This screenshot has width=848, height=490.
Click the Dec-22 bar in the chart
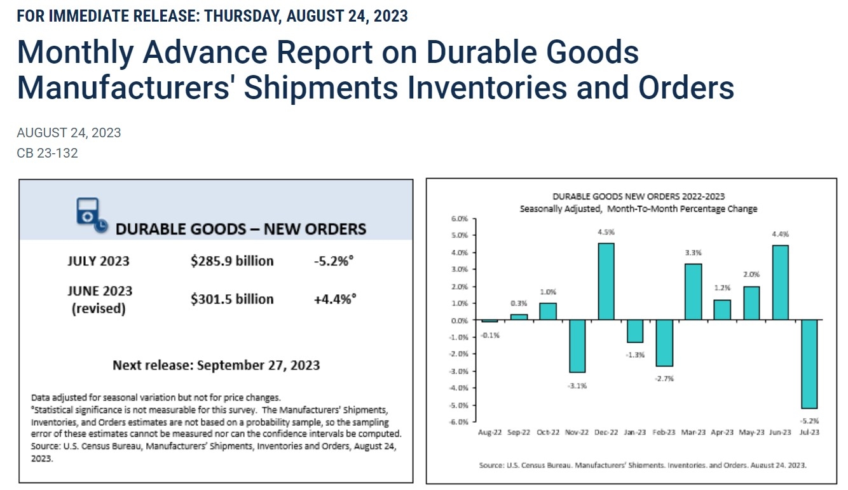tap(606, 281)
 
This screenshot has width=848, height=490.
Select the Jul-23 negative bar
tap(809, 364)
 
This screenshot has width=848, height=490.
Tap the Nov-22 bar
tap(577, 346)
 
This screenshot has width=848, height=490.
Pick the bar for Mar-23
tap(693, 291)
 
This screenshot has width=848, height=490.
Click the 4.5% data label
tap(606, 232)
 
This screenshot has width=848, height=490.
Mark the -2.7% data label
tap(664, 378)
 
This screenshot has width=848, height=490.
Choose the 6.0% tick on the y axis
tap(459, 219)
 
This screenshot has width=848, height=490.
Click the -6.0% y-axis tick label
tap(458, 421)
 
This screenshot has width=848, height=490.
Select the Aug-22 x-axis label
tap(490, 433)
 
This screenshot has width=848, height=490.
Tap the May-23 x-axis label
tap(751, 433)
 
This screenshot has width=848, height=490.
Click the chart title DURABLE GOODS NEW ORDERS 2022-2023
tap(638, 196)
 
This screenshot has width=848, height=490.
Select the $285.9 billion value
tap(232, 261)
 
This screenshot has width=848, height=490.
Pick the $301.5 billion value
tap(232, 299)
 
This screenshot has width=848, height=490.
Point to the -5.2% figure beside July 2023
tap(334, 261)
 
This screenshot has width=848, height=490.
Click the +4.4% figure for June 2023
tap(334, 299)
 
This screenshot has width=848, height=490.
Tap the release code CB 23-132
tap(47, 153)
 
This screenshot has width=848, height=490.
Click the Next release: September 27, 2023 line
tap(216, 365)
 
